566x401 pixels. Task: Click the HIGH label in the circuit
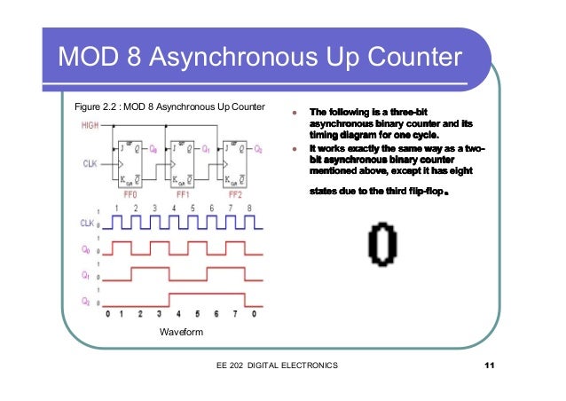point(90,126)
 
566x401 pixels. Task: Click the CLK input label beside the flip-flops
point(90,164)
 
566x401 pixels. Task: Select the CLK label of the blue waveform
point(86,223)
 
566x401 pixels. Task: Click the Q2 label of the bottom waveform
point(87,301)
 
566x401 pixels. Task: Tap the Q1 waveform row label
point(87,274)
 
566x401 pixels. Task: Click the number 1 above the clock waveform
point(115,207)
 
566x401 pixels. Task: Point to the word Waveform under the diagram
point(182,332)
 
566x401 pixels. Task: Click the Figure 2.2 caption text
point(169,108)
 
